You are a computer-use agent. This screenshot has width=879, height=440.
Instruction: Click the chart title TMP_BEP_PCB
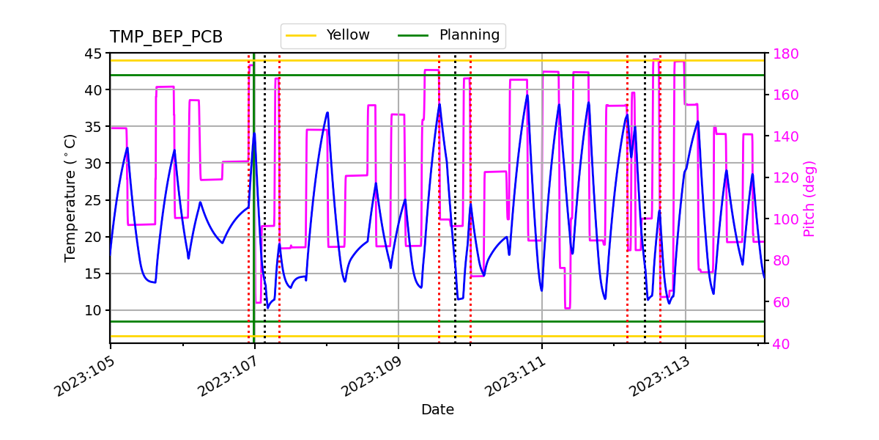tap(166, 37)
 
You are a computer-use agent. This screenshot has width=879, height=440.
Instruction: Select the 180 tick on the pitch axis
tap(784, 54)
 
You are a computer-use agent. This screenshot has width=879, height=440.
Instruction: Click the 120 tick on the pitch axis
tap(784, 178)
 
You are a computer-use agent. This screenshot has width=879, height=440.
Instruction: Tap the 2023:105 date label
tap(83, 375)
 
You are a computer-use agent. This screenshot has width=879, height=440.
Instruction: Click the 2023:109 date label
tap(370, 375)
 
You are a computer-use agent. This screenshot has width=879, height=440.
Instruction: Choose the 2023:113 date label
tap(657, 375)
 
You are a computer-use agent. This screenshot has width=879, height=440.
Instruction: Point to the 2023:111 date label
tap(513, 375)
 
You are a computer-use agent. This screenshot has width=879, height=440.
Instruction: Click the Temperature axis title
tap(70, 198)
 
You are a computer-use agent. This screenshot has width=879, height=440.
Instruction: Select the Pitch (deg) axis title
tap(809, 198)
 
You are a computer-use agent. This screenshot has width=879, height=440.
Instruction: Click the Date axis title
tap(437, 410)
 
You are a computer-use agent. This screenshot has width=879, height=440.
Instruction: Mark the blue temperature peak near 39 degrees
tap(527, 95)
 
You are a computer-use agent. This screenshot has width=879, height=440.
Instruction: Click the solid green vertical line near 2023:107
tap(254, 220)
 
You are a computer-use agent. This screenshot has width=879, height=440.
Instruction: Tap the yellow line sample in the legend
tap(302, 35)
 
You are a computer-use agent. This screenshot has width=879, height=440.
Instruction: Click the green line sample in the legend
tap(415, 35)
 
